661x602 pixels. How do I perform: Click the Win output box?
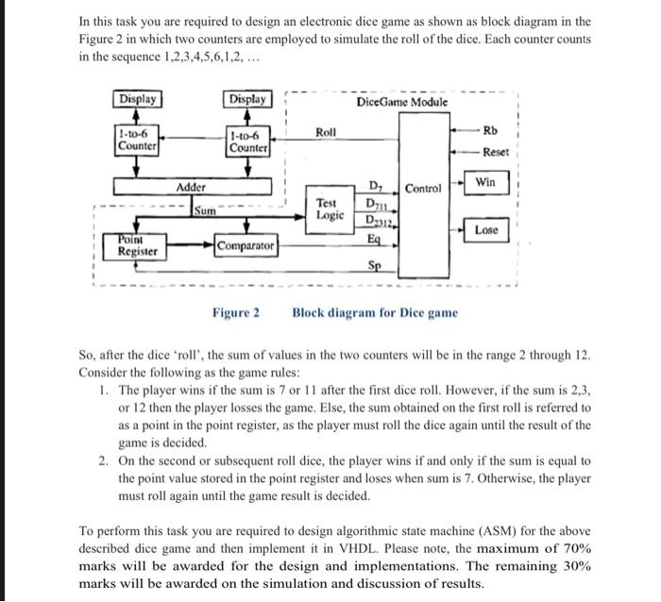click(x=485, y=180)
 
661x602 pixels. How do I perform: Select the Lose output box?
click(x=486, y=229)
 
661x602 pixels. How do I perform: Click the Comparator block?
click(x=246, y=246)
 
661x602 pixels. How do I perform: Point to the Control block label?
click(x=423, y=189)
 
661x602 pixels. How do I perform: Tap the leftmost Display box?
click(x=137, y=98)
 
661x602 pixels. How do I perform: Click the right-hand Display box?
click(x=248, y=98)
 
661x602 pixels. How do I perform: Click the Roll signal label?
click(x=325, y=134)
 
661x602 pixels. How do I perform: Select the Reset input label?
click(x=495, y=152)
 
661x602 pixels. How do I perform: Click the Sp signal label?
click(x=376, y=266)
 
